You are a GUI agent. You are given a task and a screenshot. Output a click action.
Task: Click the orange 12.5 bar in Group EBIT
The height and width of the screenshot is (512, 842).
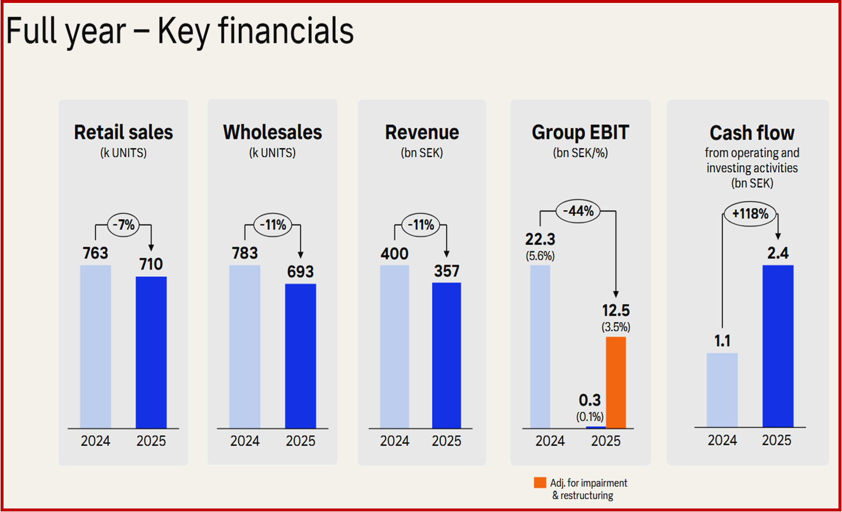coord(615,382)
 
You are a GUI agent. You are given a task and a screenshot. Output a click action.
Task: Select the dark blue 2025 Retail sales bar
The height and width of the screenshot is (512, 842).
coord(151,352)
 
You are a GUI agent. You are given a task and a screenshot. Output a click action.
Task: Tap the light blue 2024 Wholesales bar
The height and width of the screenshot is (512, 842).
coord(245,346)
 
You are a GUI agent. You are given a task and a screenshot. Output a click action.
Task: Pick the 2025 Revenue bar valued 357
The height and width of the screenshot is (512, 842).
coord(446,355)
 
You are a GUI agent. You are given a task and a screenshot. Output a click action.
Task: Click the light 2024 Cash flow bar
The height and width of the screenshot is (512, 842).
coord(722,390)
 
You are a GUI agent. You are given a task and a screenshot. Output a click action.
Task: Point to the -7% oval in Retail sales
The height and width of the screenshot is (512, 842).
coord(124,224)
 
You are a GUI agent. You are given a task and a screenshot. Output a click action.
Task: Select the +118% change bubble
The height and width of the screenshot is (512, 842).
coord(750,214)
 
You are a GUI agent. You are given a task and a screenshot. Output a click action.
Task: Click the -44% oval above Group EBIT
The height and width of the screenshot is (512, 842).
coord(578,211)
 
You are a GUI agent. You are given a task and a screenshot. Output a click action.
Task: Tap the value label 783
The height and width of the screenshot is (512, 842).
coord(245,253)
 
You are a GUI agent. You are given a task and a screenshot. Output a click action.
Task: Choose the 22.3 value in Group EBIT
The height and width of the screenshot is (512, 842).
coord(540,239)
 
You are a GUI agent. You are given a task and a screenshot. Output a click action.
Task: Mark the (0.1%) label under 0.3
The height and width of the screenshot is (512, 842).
coord(590,417)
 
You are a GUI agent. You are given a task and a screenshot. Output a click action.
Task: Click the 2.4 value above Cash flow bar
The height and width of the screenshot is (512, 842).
coord(778,253)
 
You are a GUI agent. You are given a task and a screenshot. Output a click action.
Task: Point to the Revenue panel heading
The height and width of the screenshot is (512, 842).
coord(422,132)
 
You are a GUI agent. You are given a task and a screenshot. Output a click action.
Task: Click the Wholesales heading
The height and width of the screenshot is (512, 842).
coord(272,132)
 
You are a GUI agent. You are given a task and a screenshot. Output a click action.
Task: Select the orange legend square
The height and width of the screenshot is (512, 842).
coord(540,483)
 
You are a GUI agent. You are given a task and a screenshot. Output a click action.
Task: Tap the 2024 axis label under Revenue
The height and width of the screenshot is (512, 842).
coord(395,441)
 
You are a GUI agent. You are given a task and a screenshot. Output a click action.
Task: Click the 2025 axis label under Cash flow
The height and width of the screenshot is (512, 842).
coord(776,440)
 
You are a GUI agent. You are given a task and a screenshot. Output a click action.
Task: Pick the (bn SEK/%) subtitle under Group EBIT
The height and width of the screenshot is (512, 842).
coord(580,153)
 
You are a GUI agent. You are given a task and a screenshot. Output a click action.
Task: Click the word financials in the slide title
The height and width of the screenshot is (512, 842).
coord(286,31)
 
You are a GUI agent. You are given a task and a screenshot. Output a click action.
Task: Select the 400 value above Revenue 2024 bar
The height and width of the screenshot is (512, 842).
coord(395,254)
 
